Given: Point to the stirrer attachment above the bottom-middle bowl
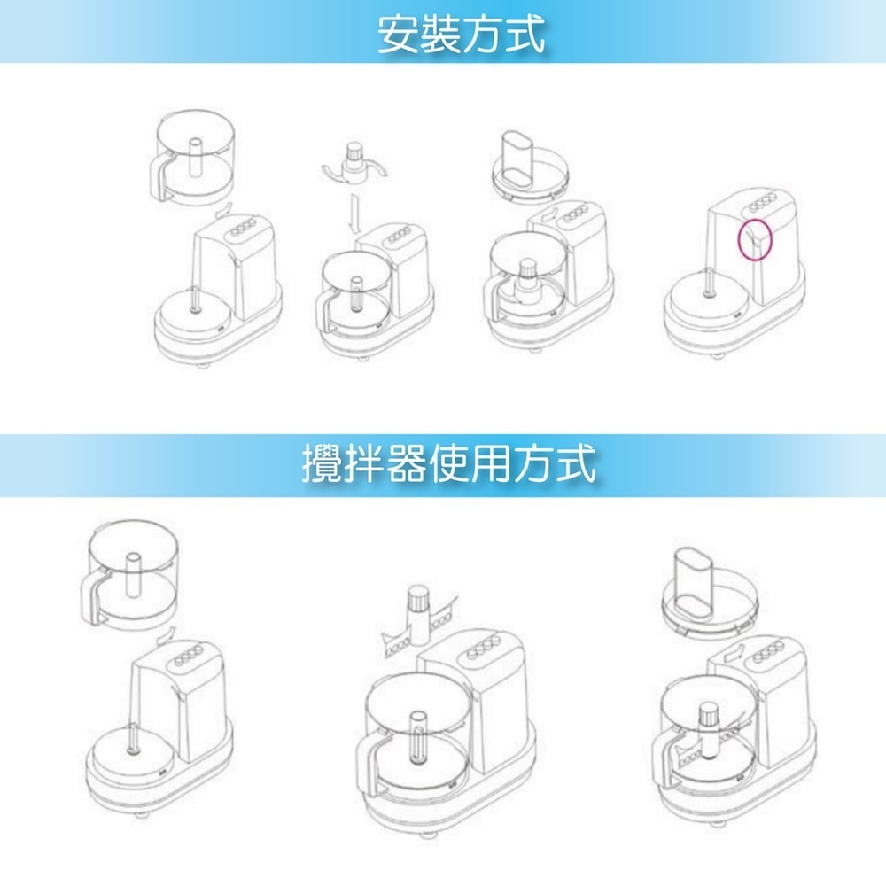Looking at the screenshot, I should click(x=416, y=617).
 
